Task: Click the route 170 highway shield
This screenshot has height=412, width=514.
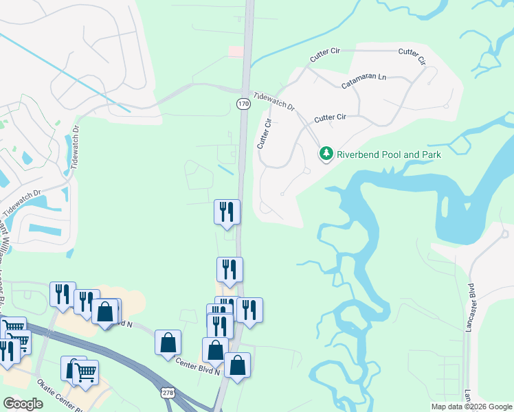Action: point(243,104)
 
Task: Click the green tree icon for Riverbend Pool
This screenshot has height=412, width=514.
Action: point(327,154)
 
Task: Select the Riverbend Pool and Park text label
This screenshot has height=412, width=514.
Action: point(388,154)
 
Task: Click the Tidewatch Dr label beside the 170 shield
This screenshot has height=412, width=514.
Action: point(273,103)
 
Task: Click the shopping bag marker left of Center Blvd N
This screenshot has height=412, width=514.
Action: point(168,343)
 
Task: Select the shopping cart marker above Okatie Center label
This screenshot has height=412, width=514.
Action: point(86,373)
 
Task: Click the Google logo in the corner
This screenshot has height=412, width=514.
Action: point(23,404)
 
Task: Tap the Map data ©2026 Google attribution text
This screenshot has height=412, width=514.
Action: point(471,407)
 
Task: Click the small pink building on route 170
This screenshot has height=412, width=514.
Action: point(236,51)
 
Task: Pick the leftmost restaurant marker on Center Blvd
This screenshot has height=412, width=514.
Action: point(63,294)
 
